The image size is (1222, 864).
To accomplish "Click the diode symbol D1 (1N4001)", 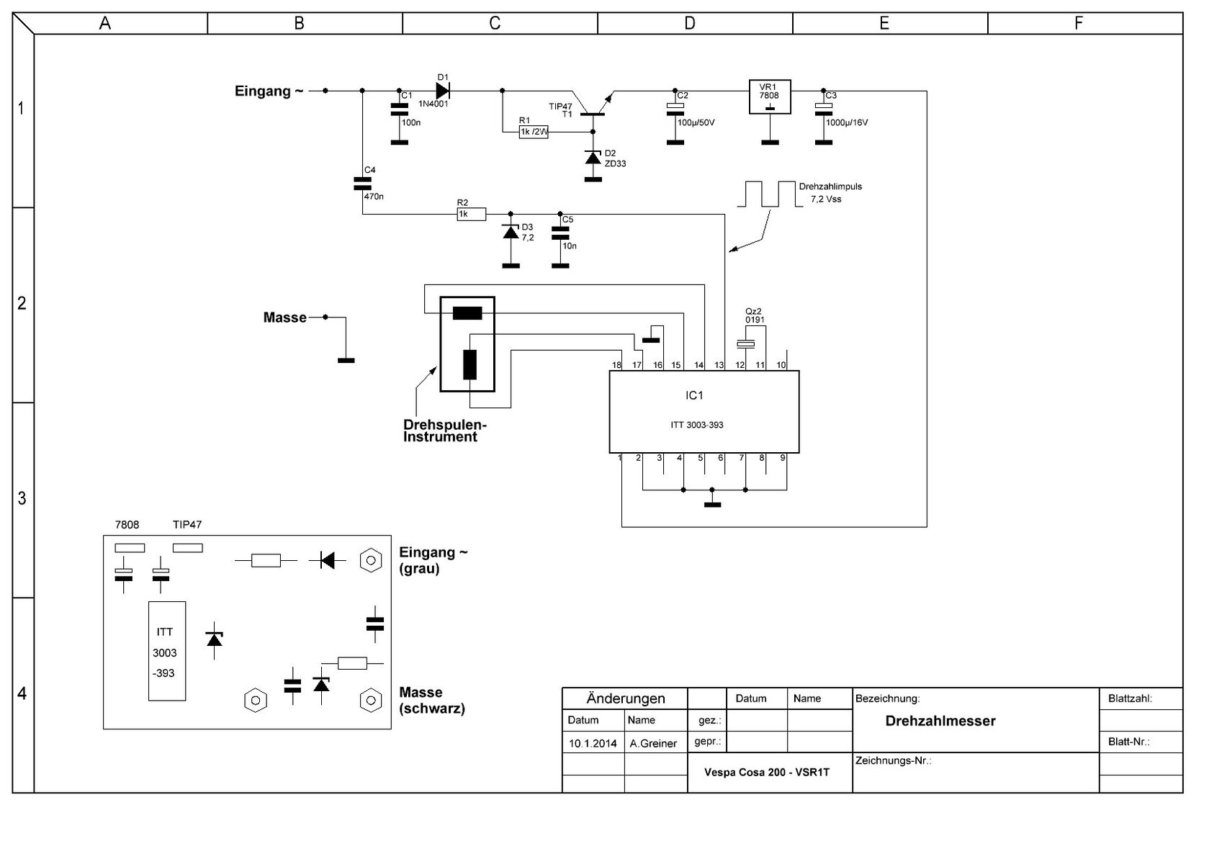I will pos(442,91).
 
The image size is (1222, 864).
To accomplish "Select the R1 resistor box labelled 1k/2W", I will pos(533,132).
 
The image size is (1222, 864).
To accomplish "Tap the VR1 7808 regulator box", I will pos(770,96).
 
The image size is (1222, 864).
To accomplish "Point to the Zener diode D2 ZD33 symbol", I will pos(593,158).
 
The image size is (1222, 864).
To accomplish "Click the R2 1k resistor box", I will pos(472,214).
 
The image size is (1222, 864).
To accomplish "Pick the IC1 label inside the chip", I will pos(694,395).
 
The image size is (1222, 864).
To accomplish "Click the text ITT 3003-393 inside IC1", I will pos(696,425).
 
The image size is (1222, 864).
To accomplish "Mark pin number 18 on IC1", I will pos(616,365).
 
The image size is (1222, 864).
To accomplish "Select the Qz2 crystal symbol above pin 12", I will pos(745,343).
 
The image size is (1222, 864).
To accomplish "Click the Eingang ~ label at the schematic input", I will pos(269,91).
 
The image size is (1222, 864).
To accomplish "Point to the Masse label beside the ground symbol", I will pos(284,318).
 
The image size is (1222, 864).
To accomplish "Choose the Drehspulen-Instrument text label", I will pos(444,431).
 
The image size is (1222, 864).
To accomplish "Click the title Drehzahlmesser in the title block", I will pos(940,721).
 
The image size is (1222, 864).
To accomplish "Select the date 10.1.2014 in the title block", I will pos(593,744).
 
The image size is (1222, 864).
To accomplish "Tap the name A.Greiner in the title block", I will pos(653,744).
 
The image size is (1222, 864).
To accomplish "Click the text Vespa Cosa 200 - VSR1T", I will pos(767,772).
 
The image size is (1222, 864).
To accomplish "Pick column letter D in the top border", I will pos(690,24).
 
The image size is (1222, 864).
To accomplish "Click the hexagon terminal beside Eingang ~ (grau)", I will pos(370,560).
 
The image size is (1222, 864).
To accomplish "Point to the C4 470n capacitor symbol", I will pos(362,184).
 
